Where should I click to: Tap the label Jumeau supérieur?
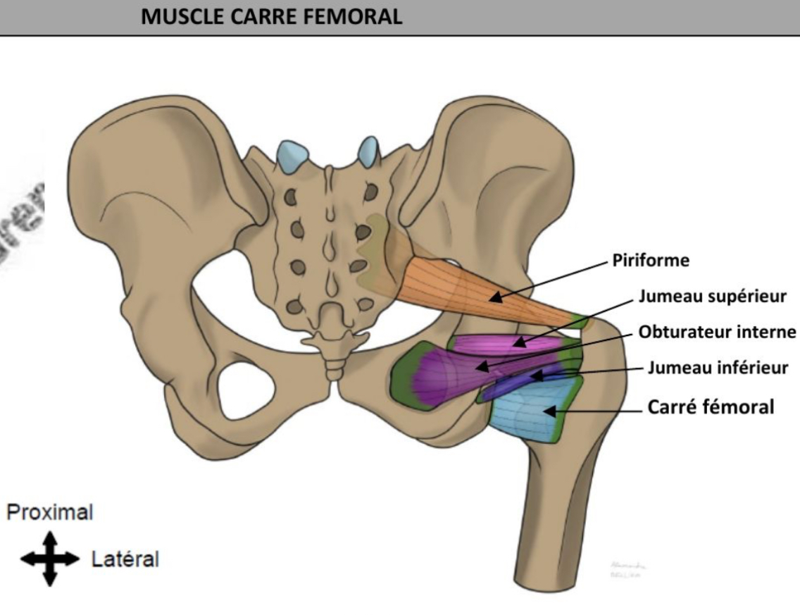[712, 297]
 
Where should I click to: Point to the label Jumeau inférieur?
[718, 367]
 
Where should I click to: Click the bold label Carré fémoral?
[711, 406]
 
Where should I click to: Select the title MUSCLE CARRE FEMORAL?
[272, 17]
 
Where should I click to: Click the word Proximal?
[49, 512]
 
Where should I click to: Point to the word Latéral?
[125, 560]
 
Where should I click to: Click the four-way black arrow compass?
[48, 559]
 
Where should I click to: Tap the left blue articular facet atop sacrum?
[292, 155]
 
